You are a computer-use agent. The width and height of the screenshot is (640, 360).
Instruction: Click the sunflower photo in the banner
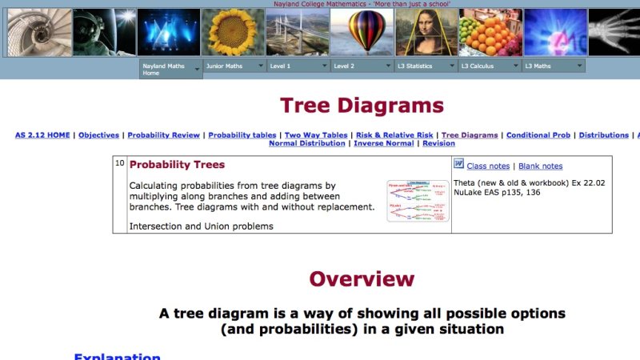tap(232, 32)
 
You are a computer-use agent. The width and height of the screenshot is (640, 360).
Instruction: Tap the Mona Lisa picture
tap(426, 32)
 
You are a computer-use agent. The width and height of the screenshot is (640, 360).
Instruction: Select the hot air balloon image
tap(362, 32)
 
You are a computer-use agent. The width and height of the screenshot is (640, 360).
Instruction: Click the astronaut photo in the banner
tap(104, 32)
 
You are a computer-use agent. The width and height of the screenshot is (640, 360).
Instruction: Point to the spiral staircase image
tap(39, 32)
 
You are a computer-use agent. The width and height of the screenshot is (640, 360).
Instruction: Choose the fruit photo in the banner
tap(490, 32)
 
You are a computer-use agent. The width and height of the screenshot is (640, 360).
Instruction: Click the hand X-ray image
tap(614, 32)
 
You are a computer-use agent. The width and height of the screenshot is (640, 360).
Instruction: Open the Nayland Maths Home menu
tap(170, 70)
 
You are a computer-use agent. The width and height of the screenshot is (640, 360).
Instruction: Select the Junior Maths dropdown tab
tap(234, 66)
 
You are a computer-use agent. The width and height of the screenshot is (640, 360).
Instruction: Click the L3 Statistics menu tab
tap(426, 66)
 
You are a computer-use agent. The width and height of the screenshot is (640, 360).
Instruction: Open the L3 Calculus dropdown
tap(490, 66)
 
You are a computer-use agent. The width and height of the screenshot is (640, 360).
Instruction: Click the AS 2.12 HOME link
tap(42, 135)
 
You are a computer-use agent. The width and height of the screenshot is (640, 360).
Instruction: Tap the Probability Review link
tap(162, 135)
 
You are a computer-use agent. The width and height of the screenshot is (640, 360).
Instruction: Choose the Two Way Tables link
tap(316, 135)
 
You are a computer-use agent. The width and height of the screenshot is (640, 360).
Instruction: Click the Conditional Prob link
tap(538, 135)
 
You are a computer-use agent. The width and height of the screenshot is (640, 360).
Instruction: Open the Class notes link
tap(487, 166)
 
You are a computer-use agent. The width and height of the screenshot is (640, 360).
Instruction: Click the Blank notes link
tap(540, 166)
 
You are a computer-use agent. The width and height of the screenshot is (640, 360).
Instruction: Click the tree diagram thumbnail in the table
tap(418, 201)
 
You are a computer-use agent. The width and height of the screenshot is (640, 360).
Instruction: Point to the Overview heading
tap(362, 278)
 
